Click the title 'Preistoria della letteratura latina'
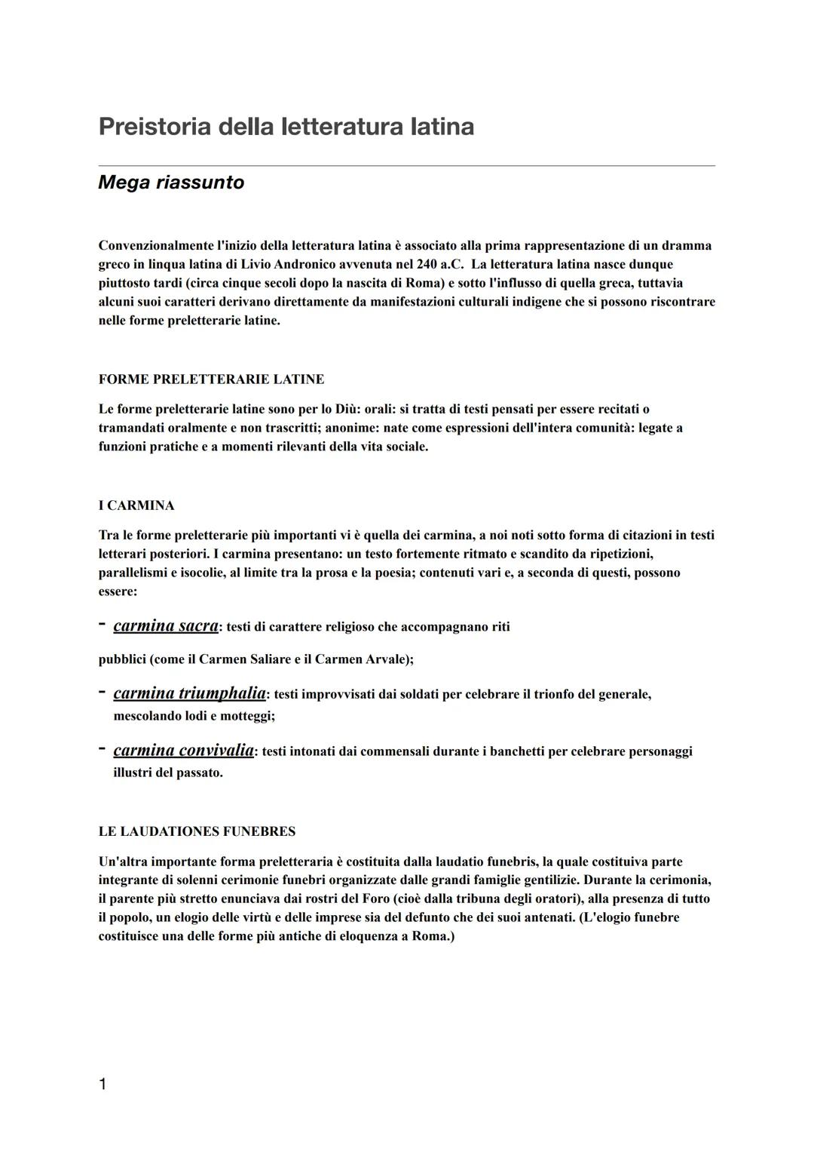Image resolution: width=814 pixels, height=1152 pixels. point(286,126)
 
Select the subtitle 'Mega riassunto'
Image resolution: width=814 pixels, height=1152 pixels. point(171,183)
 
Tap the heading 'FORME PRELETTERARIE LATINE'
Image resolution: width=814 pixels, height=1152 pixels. point(211,379)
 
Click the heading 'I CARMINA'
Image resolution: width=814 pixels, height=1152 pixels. point(136,505)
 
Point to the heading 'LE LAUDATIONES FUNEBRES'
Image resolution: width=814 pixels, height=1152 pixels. point(197,831)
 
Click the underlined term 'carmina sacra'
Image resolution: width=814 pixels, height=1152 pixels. point(166,626)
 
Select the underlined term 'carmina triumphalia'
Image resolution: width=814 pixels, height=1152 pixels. point(189,693)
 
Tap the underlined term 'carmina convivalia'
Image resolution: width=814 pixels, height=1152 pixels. point(183,751)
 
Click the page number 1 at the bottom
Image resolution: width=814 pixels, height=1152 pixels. point(103,1084)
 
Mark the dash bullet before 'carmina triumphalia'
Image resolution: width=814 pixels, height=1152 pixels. point(102,692)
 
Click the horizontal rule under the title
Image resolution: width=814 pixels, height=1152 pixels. point(407,165)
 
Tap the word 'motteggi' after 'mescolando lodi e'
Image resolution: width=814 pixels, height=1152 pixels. point(247,716)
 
